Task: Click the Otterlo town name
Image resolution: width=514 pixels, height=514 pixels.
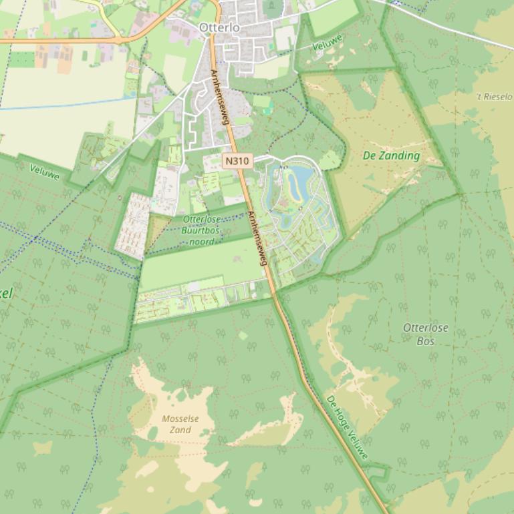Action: pyautogui.click(x=219, y=28)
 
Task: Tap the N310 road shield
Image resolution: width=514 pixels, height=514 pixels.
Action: pyautogui.click(x=237, y=161)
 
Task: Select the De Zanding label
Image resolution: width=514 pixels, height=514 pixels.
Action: pyautogui.click(x=391, y=156)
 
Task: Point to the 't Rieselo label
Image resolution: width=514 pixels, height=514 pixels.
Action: pyautogui.click(x=494, y=97)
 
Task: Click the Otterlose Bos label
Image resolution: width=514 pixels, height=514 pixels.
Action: pyautogui.click(x=425, y=334)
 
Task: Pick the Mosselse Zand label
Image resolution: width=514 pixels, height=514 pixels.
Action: pyautogui.click(x=180, y=425)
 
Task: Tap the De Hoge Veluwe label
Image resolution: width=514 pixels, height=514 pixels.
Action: pyautogui.click(x=347, y=428)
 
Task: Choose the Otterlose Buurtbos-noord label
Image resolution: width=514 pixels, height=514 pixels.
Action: pyautogui.click(x=201, y=230)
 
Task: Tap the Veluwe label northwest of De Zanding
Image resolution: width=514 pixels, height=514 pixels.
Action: pyautogui.click(x=328, y=43)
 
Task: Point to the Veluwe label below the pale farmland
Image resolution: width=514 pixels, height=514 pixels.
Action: pyautogui.click(x=44, y=172)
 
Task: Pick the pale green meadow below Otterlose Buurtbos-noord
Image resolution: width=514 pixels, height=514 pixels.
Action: pyautogui.click(x=201, y=264)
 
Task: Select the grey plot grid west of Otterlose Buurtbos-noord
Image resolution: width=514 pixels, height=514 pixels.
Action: pyautogui.click(x=132, y=226)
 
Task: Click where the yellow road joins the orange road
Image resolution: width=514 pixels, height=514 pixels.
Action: pyautogui.click(x=120, y=40)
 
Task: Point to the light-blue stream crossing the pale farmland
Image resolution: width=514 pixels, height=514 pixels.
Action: pyautogui.click(x=67, y=104)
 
